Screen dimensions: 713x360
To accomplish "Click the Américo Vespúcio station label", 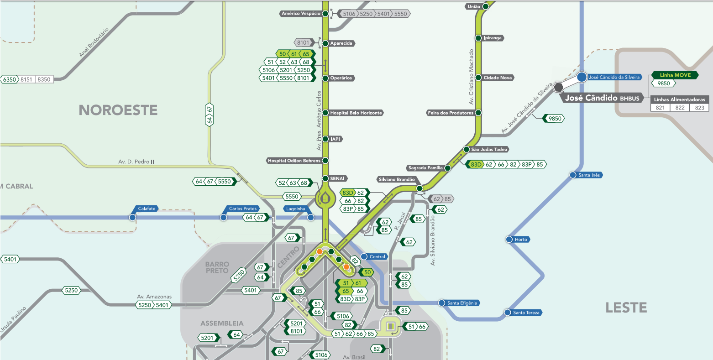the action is tap(301, 14).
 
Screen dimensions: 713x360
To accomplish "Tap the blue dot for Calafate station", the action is tap(132, 218).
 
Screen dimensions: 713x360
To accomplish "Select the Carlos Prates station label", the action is tap(242, 209).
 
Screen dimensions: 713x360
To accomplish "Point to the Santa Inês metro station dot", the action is tap(572, 175).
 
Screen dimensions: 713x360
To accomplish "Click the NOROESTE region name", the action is tap(118, 110).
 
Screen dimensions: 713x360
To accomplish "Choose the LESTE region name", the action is tap(626, 308).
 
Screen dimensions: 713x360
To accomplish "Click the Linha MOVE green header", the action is tap(675, 75).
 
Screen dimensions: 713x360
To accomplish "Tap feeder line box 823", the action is tap(699, 108).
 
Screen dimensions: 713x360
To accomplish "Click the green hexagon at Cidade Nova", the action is tap(478, 78).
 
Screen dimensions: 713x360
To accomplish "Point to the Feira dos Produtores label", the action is tap(450, 113).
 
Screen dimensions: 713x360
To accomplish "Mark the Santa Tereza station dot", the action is tap(507, 313).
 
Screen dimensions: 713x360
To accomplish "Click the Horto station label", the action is tap(521, 240).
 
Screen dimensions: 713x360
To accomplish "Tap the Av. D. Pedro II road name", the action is tap(136, 162).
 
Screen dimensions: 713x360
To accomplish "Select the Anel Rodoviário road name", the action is tap(94, 42).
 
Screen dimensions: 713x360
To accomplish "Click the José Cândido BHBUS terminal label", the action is tap(602, 98).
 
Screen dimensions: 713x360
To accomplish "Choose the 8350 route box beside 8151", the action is tap(44, 79).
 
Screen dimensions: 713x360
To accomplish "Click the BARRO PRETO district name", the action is tap(217, 267).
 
